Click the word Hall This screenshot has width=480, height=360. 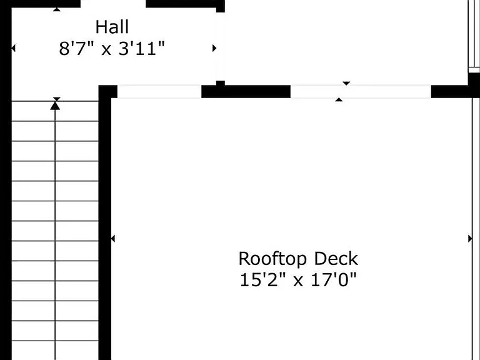coord(112,27)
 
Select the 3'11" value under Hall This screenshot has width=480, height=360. coord(141,48)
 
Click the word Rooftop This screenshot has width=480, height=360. coord(272,259)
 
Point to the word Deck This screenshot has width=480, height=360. coord(336,259)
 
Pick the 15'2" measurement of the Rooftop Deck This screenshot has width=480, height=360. coord(263,280)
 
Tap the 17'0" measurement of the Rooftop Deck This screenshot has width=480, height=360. coord(334,280)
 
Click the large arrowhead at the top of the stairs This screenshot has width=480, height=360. coord(55,106)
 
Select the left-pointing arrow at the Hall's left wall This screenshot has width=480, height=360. coord(13,48)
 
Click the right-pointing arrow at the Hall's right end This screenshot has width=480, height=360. coord(214,48)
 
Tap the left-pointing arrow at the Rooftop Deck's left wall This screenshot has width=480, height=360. coord(112,239)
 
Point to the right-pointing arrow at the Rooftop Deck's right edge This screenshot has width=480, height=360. coord(470,239)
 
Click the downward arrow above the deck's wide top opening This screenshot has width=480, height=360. coord(346,83)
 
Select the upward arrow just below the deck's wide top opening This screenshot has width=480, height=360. coord(339,99)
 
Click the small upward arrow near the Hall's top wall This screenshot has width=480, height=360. coord(57,9)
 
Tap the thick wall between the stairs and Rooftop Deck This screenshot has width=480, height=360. coord(105,226)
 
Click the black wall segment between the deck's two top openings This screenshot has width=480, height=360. coord(246,91)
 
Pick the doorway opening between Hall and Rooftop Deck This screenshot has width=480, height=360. coord(159,91)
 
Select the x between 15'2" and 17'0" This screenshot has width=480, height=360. coord(298,281)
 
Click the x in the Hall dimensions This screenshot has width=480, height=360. coord(106,49)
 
